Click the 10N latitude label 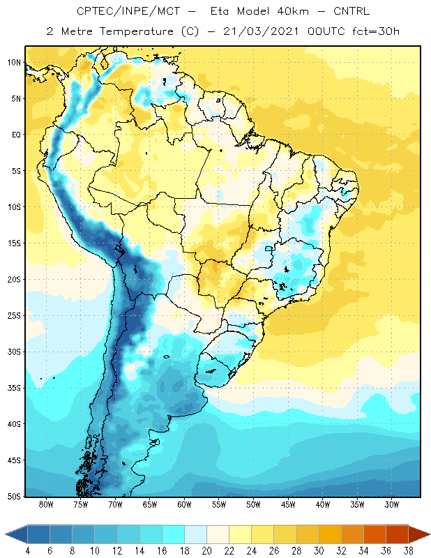[14, 63]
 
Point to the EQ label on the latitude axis [16, 135]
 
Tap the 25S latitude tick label [14, 316]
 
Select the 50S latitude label [14, 497]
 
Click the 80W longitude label [46, 504]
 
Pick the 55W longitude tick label [219, 504]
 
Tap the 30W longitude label [391, 504]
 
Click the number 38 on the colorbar [408, 551]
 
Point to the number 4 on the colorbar [27, 551]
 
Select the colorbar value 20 [206, 551]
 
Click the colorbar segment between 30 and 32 [330, 534]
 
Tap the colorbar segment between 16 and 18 [173, 534]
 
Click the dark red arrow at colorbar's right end [418, 534]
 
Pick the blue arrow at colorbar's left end [17, 534]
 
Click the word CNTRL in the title [351, 11]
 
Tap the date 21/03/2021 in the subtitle [261, 31]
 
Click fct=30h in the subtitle [376, 31]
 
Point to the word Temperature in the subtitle [136, 31]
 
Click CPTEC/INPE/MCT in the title [128, 11]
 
